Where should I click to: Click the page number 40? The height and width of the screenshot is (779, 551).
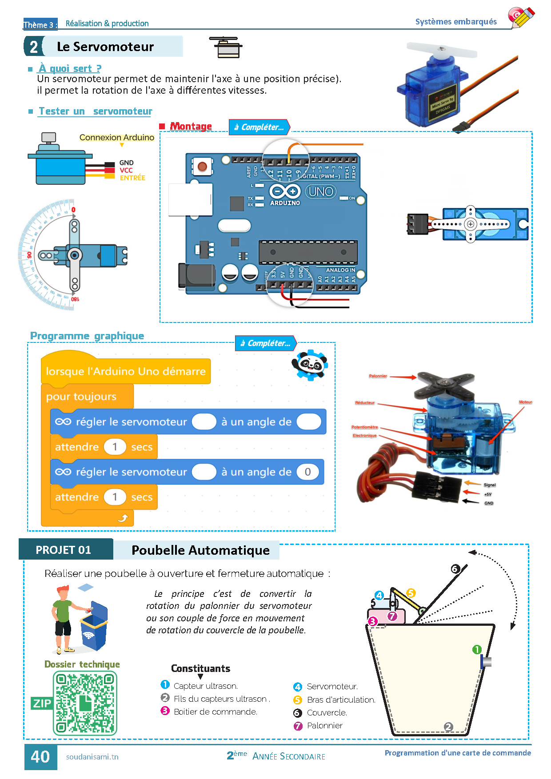[x=40, y=757]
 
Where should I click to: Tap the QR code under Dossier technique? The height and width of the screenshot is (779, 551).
[x=85, y=703]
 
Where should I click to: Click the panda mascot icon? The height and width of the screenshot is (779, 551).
[x=310, y=365]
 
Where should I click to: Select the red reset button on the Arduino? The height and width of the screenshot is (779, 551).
[x=202, y=167]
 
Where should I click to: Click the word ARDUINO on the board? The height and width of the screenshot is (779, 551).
[x=285, y=203]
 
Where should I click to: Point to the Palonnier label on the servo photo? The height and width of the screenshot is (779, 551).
[x=378, y=376]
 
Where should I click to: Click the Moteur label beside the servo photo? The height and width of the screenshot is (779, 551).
[x=525, y=402]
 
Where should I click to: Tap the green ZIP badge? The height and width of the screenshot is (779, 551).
[x=42, y=703]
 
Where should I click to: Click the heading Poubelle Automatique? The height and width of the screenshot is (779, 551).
[x=200, y=550]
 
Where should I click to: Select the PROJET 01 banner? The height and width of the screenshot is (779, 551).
[x=64, y=550]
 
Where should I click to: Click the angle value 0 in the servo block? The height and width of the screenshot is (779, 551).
[x=307, y=472]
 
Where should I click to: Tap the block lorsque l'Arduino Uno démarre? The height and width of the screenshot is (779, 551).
[x=126, y=371]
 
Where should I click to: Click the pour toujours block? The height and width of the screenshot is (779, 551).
[x=81, y=397]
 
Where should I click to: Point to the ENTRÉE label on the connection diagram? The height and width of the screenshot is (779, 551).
[x=132, y=178]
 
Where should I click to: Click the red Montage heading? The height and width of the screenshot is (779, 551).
[x=191, y=126]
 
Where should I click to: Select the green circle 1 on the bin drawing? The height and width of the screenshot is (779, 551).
[x=477, y=650]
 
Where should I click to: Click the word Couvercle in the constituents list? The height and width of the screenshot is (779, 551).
[x=327, y=713]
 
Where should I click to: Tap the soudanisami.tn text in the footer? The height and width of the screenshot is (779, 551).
[x=92, y=757]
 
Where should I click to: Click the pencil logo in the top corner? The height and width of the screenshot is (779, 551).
[x=521, y=17]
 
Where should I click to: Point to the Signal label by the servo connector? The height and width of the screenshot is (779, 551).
[x=489, y=485]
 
